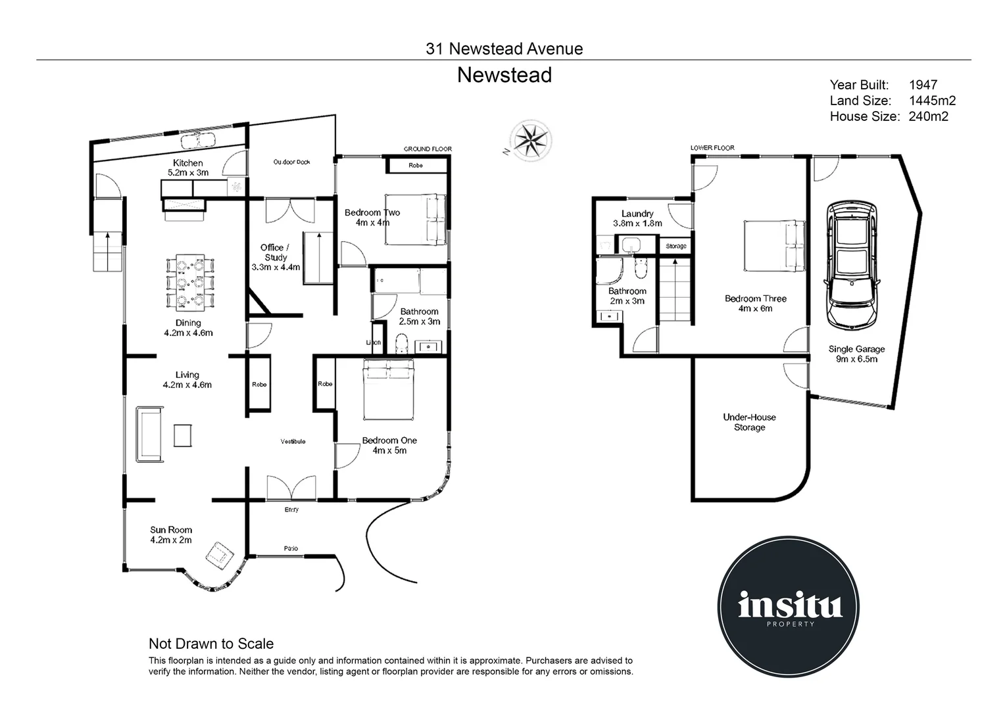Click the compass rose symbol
531,139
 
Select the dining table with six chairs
190,283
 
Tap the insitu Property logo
789,606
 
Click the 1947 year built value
923,85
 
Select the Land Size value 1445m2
932,101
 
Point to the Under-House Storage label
749,422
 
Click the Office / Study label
276,257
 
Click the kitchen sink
198,140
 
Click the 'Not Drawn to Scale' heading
211,644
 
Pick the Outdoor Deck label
291,162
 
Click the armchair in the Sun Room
220,556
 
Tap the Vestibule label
293,441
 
